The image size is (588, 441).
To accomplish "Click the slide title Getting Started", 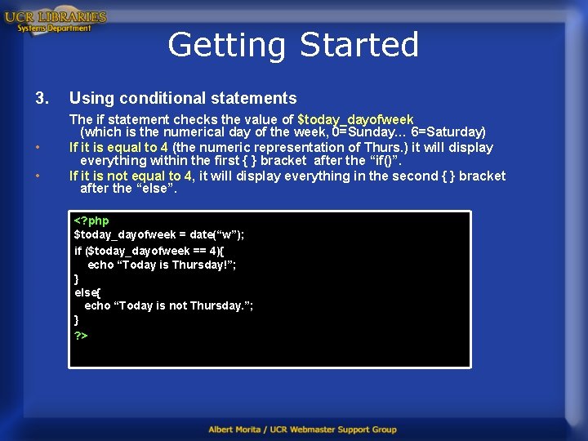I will (x=293, y=44).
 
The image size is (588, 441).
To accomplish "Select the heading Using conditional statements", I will (x=183, y=98).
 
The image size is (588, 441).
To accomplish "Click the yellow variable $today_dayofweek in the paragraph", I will (x=356, y=119).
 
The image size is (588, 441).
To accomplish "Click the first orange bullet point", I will (x=38, y=148).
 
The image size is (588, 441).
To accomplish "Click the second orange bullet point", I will (x=38, y=176).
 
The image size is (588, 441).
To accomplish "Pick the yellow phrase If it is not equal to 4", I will (x=131, y=176).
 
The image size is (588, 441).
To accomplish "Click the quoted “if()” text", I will (x=385, y=161).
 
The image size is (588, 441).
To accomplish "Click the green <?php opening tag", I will (x=91, y=220).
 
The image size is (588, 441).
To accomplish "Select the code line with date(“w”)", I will (x=159, y=235).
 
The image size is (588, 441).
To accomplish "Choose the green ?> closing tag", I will (x=81, y=336).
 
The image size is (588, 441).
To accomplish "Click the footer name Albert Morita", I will (x=241, y=430).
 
